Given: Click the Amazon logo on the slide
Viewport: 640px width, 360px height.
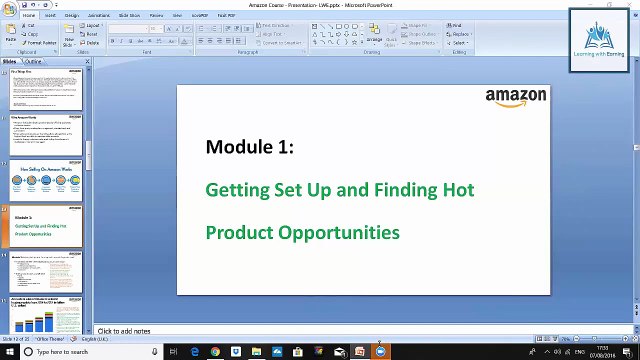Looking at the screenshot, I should point(516,97).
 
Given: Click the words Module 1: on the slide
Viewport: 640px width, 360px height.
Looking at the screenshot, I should point(249,147).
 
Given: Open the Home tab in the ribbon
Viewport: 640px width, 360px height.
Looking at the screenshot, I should point(29,16).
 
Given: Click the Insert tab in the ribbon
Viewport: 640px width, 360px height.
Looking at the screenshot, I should point(50,16).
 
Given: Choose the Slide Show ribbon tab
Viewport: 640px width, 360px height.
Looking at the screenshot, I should point(129,16).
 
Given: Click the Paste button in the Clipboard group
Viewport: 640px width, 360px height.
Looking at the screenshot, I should point(10,36).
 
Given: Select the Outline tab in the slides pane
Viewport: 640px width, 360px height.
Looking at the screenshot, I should point(33,61).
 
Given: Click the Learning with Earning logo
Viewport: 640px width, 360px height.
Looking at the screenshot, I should point(598,40).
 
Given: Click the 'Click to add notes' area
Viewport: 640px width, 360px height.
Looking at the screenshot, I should point(124,331).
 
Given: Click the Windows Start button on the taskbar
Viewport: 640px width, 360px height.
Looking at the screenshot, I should point(8,352).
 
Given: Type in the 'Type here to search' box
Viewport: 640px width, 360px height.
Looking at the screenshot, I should point(85,352).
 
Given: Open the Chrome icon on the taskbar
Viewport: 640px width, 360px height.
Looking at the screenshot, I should point(215,352).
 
